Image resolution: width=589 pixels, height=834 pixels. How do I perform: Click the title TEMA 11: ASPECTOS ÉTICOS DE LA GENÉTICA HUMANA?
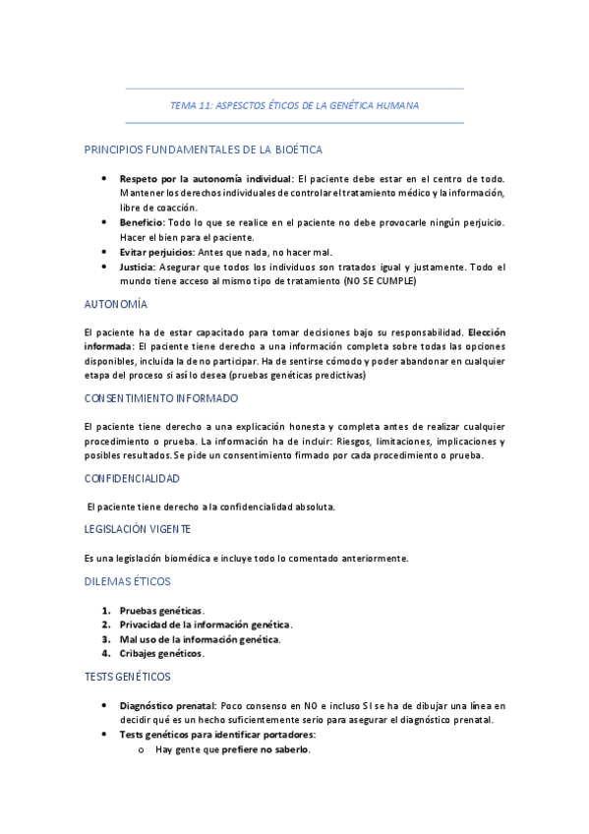pyautogui.click(x=294, y=104)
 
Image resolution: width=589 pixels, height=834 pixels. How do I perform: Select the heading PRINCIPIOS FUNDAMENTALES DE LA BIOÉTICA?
pyautogui.click(x=204, y=149)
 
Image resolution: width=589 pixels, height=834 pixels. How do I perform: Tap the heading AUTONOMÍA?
pyautogui.click(x=116, y=305)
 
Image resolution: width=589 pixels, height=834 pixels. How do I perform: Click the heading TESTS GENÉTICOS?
pyautogui.click(x=128, y=677)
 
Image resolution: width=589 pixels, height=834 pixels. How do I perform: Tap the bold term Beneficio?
pyautogui.click(x=141, y=222)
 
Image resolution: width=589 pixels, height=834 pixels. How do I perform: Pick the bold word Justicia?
pyautogui.click(x=137, y=267)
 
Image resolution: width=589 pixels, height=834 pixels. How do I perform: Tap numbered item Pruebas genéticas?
pyautogui.click(x=160, y=611)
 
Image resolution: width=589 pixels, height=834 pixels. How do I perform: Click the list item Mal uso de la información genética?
pyautogui.click(x=199, y=639)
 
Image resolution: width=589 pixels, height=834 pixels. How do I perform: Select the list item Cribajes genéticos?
pyautogui.click(x=161, y=653)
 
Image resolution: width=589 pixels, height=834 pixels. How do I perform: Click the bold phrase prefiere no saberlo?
pyautogui.click(x=273, y=749)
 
